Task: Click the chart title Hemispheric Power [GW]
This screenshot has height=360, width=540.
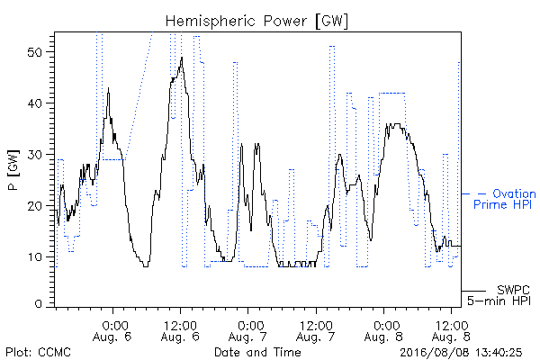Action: [x=256, y=21]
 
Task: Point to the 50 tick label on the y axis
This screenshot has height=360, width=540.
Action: [x=36, y=52]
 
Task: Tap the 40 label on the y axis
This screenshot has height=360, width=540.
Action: [x=36, y=103]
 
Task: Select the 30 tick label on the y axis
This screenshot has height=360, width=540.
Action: [x=36, y=155]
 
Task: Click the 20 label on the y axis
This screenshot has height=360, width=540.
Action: [x=36, y=206]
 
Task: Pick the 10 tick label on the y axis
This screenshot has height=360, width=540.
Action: [x=36, y=257]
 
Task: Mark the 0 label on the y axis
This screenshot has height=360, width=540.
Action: [x=39, y=304]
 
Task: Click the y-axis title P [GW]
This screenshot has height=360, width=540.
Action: [x=13, y=170]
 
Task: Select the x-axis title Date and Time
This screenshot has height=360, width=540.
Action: [x=257, y=353]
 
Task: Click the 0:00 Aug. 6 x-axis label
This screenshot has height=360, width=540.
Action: [x=112, y=331]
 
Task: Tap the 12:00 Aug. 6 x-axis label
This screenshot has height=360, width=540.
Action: [x=180, y=331]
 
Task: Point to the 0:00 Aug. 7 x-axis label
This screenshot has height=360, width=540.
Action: [x=248, y=331]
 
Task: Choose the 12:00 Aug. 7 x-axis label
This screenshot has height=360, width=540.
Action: [x=316, y=331]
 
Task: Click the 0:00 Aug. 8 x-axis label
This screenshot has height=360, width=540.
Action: [x=383, y=331]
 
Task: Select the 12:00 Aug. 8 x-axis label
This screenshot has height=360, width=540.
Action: [x=451, y=331]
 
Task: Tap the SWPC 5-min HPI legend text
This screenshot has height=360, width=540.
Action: [x=499, y=295]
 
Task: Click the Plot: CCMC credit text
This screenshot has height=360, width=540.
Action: [x=38, y=353]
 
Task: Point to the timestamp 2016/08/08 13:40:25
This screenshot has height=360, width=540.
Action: [x=461, y=353]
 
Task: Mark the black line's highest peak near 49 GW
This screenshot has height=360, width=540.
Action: [x=182, y=58]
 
